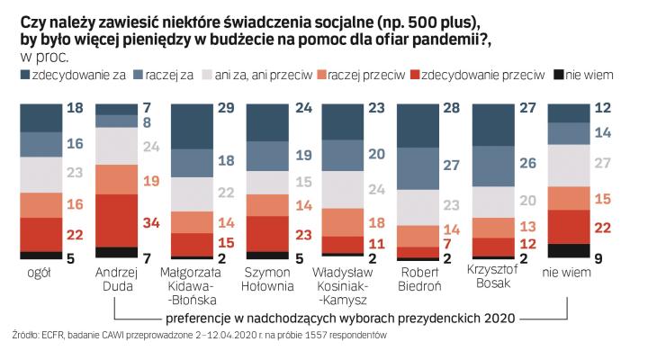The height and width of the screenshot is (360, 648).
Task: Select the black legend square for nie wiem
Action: (x=558, y=76)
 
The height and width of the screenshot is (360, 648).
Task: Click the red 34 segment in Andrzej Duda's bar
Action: (x=116, y=220)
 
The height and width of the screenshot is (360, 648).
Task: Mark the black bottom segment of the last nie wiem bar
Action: (x=570, y=251)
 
